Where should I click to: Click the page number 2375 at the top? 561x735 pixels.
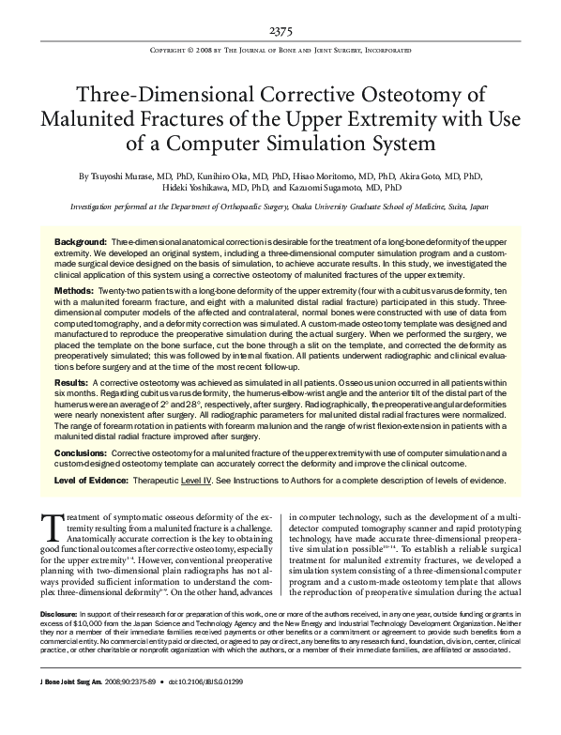(x=280, y=31)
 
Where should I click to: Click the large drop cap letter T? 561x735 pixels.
(x=53, y=525)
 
